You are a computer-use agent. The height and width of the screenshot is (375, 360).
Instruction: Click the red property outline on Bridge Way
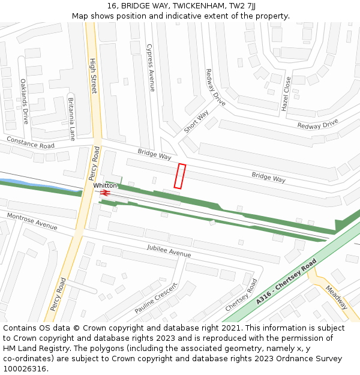[180, 176]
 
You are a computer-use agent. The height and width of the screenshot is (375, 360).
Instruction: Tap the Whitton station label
[105, 186]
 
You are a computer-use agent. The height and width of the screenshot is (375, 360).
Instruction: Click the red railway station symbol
[106, 193]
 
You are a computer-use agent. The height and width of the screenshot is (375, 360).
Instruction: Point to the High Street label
[93, 76]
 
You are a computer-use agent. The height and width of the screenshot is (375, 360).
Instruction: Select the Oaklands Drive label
[25, 101]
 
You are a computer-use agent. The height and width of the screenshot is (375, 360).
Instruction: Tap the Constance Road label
[30, 142]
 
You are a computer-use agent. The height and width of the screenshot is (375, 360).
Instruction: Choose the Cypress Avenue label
[151, 68]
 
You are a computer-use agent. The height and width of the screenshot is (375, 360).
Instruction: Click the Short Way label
[196, 122]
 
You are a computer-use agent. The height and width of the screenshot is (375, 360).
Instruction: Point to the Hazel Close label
[286, 94]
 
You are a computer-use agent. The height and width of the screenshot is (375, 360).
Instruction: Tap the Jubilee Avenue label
[169, 251]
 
